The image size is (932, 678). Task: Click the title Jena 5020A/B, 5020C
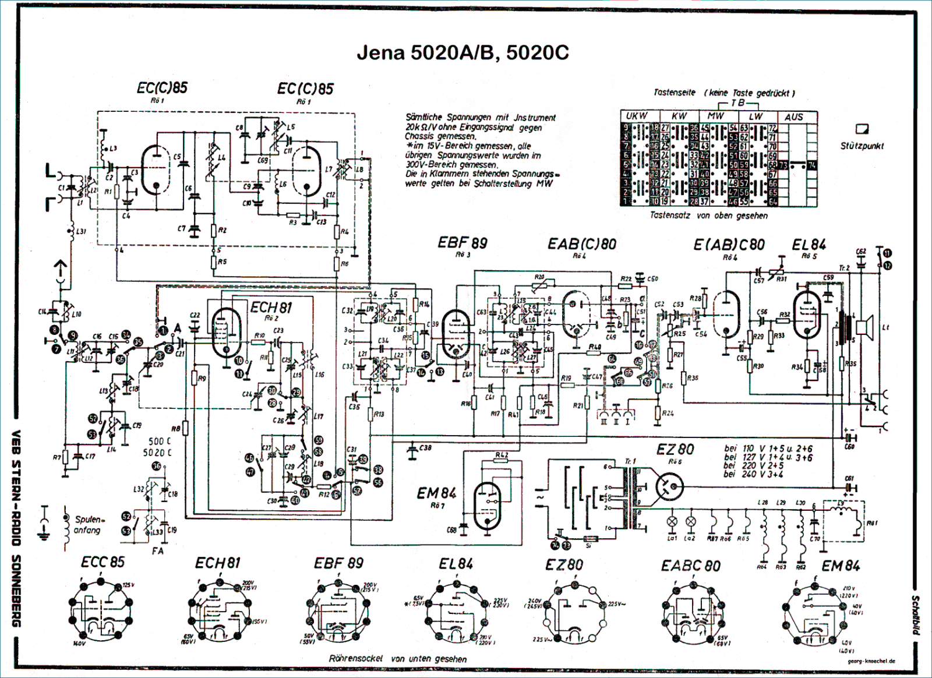tap(463, 53)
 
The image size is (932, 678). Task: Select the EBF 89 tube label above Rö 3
tap(463, 242)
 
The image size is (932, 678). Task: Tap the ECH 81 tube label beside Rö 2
tap(271, 308)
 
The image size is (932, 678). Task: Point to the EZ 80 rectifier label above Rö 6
tap(675, 449)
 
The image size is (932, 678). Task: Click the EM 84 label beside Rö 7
tap(437, 493)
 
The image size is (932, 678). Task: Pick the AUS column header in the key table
tap(793, 117)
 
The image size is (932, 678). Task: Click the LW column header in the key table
tap(756, 116)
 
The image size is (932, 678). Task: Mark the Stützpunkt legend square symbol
tap(862, 129)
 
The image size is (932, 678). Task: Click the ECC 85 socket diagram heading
tap(103, 562)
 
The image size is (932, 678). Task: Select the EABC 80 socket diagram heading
tap(690, 566)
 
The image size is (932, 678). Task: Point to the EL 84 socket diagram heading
tap(456, 564)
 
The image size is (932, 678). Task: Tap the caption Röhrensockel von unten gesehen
tap(398, 659)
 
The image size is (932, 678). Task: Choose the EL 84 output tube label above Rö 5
tap(809, 245)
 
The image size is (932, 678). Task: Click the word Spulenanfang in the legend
tap(89, 524)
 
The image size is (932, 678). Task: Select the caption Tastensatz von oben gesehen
tap(708, 216)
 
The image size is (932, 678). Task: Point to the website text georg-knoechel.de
tap(871, 661)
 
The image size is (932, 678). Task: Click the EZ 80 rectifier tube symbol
tap(669, 485)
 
